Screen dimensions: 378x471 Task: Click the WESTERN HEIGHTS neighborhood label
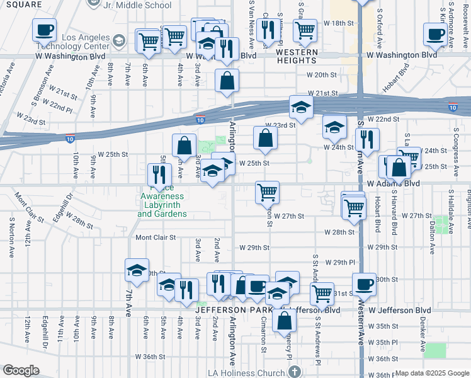click(296, 55)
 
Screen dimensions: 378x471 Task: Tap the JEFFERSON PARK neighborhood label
click(234, 310)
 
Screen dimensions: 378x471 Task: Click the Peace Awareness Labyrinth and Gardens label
click(162, 201)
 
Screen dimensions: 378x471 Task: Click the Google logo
click(21, 370)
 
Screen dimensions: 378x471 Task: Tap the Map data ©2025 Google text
click(432, 373)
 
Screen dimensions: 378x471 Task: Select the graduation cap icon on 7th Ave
click(137, 271)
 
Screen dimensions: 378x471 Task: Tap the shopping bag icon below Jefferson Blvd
click(285, 321)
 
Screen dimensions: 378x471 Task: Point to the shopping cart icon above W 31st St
click(322, 292)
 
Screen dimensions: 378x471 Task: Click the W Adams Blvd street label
click(393, 183)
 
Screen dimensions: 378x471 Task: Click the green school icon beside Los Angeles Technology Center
click(118, 42)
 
